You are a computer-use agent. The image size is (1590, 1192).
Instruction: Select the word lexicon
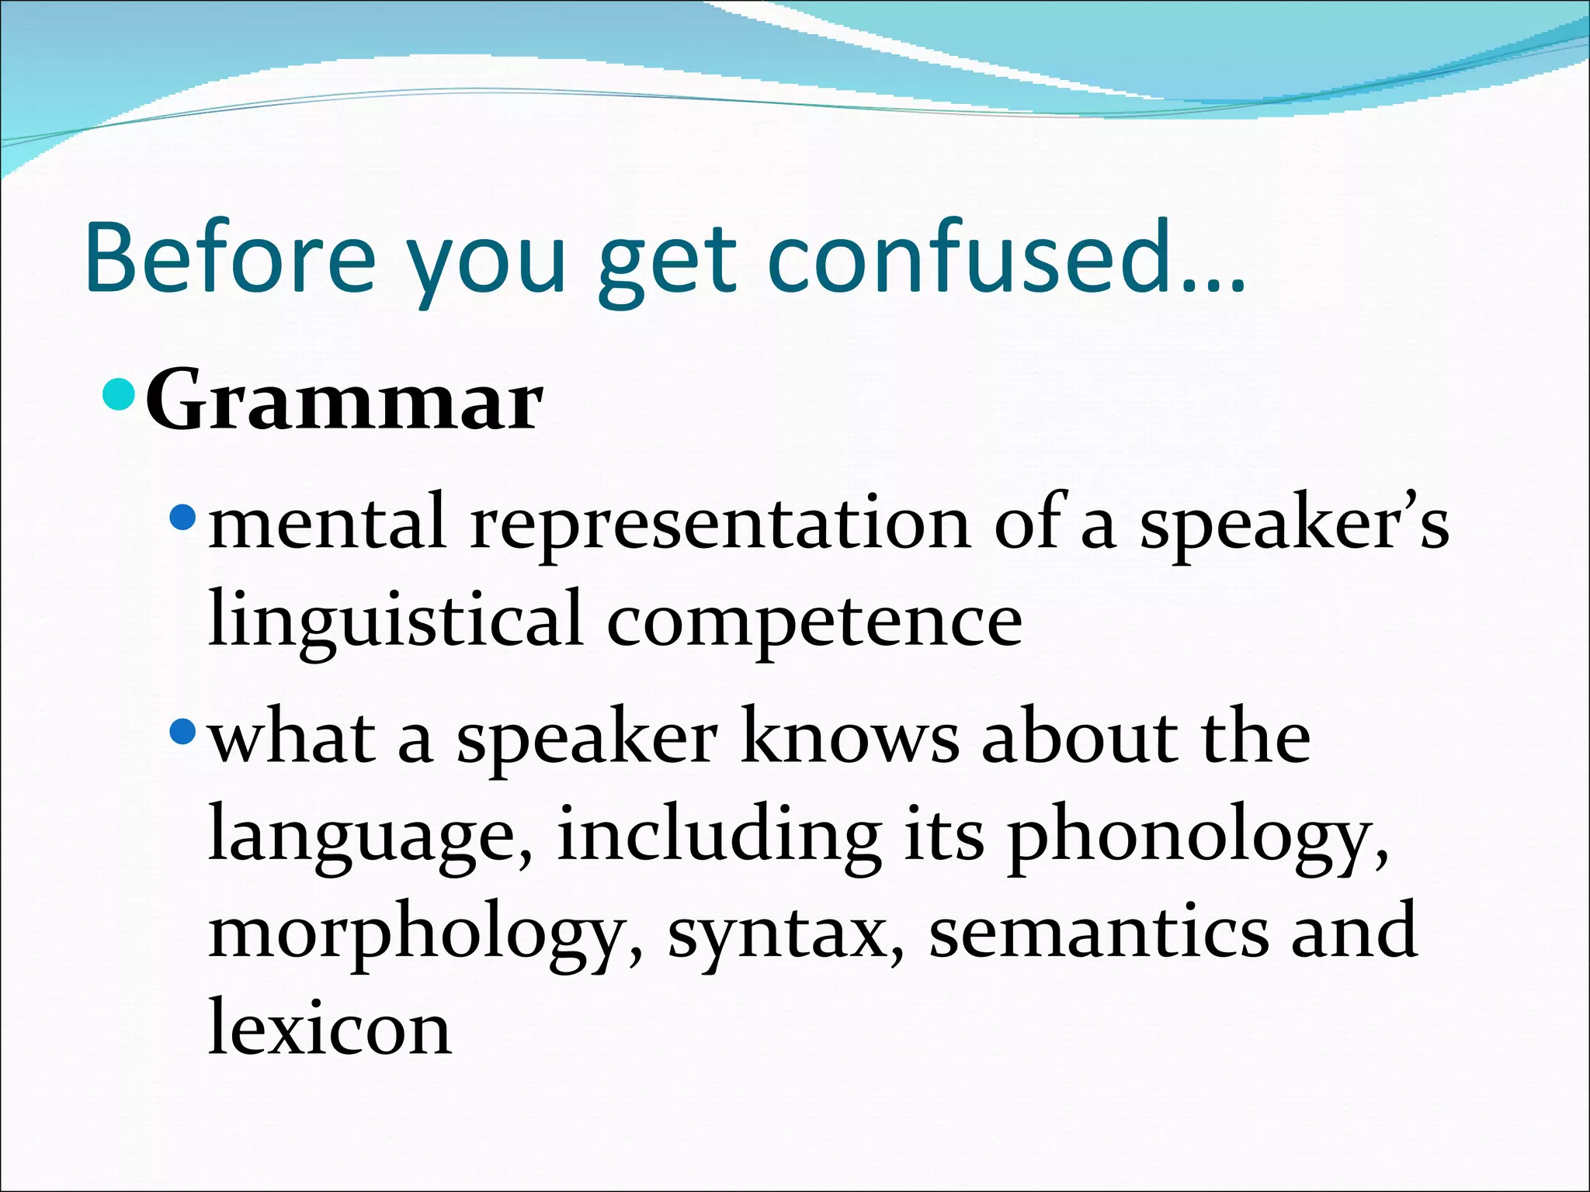click(330, 1028)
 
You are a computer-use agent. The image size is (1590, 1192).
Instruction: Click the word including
click(718, 836)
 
